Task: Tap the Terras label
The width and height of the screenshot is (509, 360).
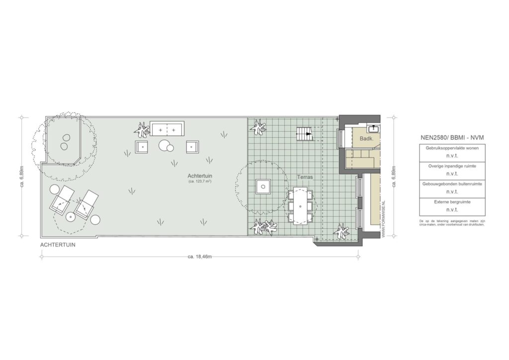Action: pos(305,177)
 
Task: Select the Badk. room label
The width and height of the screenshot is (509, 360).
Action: pos(366,140)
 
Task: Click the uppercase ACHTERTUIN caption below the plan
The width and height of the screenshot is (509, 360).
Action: pos(59,245)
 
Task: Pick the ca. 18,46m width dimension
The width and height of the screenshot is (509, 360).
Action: pos(200,257)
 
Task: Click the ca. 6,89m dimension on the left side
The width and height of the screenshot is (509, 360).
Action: pos(22,177)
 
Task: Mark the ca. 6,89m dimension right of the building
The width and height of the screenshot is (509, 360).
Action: pos(394,177)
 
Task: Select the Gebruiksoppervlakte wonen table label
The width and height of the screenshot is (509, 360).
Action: pos(452,148)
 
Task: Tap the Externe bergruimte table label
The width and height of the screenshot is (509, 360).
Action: pos(452,202)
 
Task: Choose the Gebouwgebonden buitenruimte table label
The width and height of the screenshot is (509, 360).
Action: pos(452,184)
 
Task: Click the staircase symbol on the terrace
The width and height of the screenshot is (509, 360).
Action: pos(305,134)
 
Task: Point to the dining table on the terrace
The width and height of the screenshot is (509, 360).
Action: pos(300,205)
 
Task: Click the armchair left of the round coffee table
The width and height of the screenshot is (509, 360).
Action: pos(143,147)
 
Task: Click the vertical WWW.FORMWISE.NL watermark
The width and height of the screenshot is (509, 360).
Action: pos(384,219)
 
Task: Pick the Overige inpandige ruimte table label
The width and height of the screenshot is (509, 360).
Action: pos(452,166)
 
